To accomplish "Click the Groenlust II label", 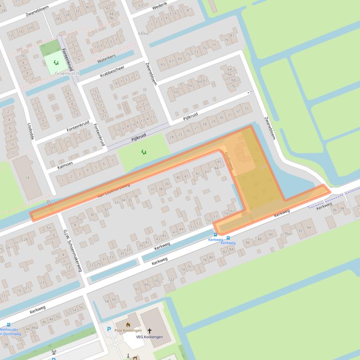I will pyautogui.click(x=67, y=73).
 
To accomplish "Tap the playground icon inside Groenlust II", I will pyautogui.click(x=56, y=62).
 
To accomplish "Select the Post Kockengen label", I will pyautogui.click(x=128, y=331).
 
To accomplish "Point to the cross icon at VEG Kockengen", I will pyautogui.click(x=150, y=331).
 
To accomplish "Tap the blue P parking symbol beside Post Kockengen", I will pyautogui.click(x=109, y=329).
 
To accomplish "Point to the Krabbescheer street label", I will pyautogui.click(x=112, y=72).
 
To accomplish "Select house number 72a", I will pyautogui.click(x=171, y=280).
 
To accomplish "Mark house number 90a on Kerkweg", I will pyautogui.click(x=287, y=233).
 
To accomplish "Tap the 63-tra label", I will pyautogui.click(x=143, y=33).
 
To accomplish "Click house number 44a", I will pyautogui.click(x=34, y=327).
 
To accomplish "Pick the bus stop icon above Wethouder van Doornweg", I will pyautogui.click(x=8, y=324).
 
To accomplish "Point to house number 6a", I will pyautogui.click(x=48, y=227).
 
